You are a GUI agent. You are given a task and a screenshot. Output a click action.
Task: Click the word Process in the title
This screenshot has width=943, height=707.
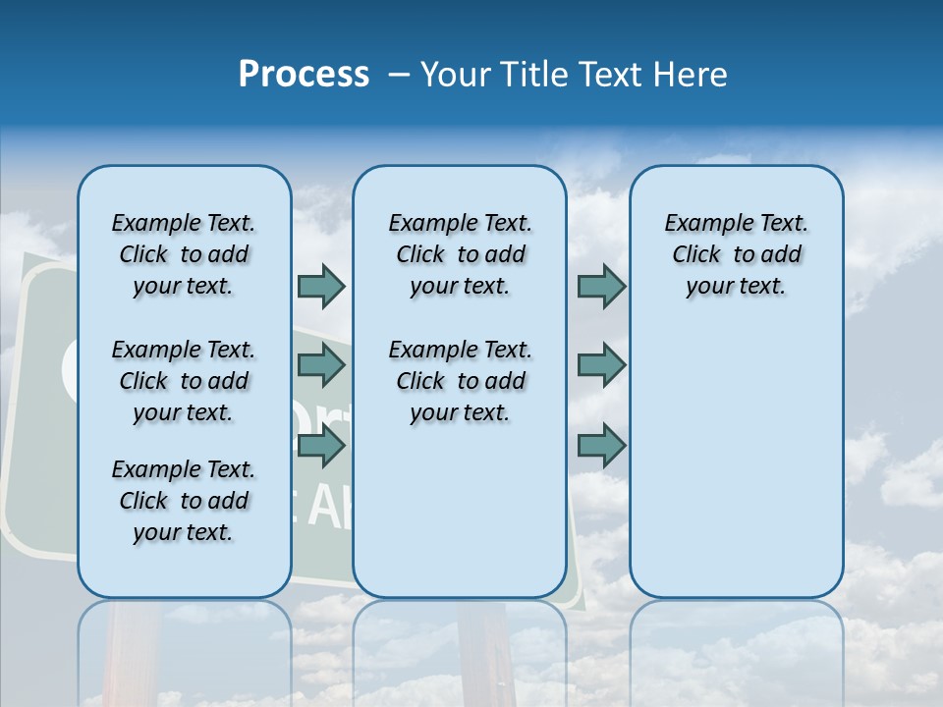(304, 75)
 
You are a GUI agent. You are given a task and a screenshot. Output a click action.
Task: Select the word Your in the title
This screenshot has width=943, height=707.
(456, 75)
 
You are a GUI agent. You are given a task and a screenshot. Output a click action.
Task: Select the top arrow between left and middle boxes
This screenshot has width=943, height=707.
(321, 286)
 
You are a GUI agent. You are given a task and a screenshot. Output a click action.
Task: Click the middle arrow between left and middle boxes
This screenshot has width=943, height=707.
(321, 365)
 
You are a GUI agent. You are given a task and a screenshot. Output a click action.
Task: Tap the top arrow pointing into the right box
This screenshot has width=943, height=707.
(601, 286)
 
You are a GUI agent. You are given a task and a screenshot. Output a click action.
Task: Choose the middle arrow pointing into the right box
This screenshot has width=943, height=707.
(601, 365)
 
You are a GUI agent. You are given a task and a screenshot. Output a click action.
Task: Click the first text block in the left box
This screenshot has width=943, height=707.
(184, 254)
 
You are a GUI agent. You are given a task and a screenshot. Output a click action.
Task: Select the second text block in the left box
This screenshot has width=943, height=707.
(184, 381)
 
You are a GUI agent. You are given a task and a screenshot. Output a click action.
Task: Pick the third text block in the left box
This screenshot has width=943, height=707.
(184, 501)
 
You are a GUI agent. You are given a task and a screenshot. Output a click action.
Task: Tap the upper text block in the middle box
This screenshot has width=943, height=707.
(460, 254)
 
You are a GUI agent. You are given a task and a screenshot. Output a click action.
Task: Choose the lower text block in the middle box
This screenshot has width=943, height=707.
(460, 381)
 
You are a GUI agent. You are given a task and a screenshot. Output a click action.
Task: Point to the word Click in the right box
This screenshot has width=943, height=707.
(696, 255)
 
